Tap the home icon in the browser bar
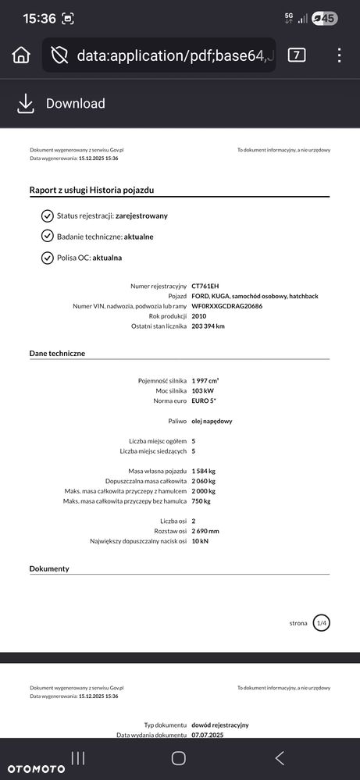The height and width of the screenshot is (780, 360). (x=21, y=55)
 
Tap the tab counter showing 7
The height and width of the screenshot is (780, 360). (x=297, y=55)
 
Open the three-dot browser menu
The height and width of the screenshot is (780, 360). (x=339, y=55)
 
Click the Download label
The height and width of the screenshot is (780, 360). (x=75, y=103)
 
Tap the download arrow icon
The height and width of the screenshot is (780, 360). (x=26, y=103)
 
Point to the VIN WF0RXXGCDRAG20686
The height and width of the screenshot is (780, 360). (x=226, y=306)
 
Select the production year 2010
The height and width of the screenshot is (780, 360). (x=200, y=316)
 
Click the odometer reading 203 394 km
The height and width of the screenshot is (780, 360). (x=208, y=326)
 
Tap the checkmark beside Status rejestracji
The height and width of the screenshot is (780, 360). (x=47, y=215)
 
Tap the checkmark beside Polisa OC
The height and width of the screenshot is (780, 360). (x=47, y=257)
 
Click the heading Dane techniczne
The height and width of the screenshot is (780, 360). (x=57, y=354)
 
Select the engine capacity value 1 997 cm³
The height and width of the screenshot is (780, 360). (x=207, y=380)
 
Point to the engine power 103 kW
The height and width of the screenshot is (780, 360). (x=201, y=390)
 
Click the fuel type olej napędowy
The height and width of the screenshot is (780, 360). (x=212, y=421)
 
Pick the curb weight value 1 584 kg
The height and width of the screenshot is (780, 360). (x=204, y=471)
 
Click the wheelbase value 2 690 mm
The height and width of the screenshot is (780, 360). (x=205, y=531)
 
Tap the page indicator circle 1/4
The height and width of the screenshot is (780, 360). (x=321, y=622)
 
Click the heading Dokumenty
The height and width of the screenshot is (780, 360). (x=49, y=568)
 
